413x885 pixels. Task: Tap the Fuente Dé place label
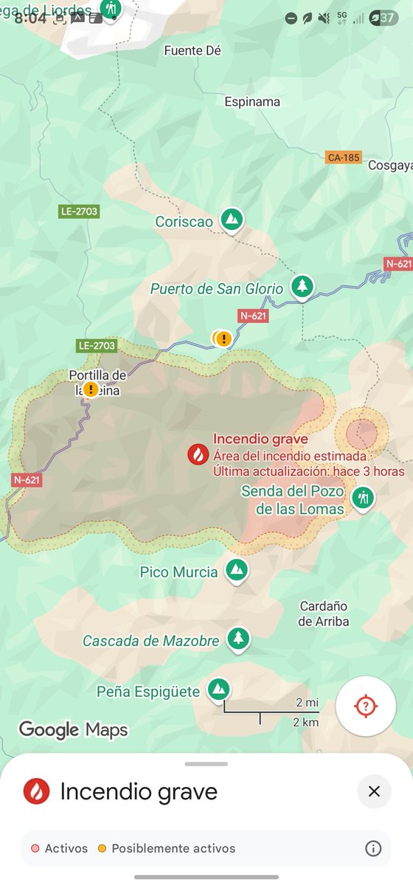(x=192, y=51)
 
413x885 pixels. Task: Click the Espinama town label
(x=252, y=102)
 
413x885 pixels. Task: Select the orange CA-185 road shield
(x=343, y=157)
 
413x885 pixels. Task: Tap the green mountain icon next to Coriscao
(x=232, y=218)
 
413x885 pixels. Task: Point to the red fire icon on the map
(x=198, y=454)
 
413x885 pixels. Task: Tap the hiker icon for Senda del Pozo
(x=361, y=498)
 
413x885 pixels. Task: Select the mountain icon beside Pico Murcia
(x=236, y=569)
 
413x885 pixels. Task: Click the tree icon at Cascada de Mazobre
(x=237, y=638)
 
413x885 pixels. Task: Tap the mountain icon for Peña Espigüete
(x=218, y=689)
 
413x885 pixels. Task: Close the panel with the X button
(x=374, y=791)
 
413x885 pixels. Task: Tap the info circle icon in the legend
(x=373, y=848)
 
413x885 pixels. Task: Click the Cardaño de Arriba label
(x=324, y=614)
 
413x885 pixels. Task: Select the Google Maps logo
(x=73, y=729)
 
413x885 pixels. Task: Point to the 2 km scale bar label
(x=305, y=722)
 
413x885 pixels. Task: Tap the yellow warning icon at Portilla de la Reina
(x=90, y=389)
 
